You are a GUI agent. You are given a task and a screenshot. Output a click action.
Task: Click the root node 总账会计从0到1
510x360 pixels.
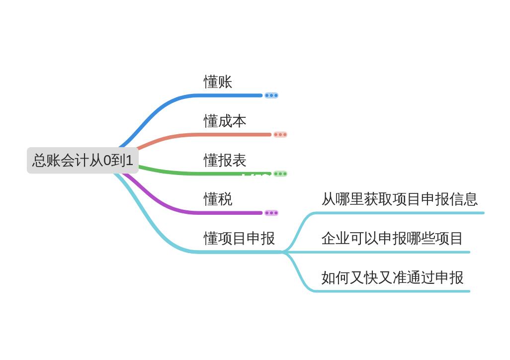[83, 160]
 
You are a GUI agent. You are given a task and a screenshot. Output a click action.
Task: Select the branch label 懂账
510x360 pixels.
[218, 82]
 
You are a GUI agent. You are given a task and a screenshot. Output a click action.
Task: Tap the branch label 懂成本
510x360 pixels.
[225, 121]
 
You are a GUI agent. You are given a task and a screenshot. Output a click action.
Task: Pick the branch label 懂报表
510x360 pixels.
[225, 160]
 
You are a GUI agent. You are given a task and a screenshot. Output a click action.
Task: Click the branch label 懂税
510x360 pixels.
[218, 199]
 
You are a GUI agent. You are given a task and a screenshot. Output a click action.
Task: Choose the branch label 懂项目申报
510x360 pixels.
[239, 238]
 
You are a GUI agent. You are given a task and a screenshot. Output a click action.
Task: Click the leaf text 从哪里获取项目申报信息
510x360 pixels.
[399, 199]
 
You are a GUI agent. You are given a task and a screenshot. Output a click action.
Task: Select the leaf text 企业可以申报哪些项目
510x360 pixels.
[392, 238]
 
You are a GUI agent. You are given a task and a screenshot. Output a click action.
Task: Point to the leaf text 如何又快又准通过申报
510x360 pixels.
[392, 277]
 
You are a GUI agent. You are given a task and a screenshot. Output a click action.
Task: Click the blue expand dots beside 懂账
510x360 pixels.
[271, 95]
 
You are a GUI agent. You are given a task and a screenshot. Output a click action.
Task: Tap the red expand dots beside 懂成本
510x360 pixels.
[280, 134]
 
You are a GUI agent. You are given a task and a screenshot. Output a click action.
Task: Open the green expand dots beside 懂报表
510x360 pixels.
[280, 174]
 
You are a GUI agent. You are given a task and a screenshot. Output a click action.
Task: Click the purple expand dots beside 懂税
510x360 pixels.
[271, 213]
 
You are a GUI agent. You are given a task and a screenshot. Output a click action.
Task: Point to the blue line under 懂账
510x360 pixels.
[229, 95]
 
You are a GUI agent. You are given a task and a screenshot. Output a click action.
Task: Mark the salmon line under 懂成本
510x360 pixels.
[229, 134]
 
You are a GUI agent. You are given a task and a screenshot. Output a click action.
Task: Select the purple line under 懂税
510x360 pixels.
[229, 213]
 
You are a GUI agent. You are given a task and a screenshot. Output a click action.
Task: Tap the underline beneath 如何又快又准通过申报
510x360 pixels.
[392, 291]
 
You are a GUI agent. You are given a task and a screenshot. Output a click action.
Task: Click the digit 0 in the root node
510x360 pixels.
[107, 161]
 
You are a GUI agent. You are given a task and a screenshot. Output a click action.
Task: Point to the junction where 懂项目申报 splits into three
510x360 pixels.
[284, 252]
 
